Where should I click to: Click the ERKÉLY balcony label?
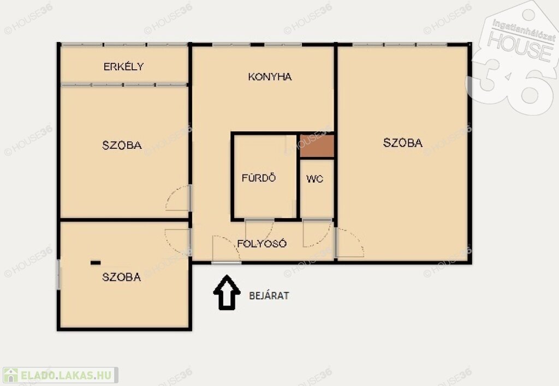[x=123, y=66]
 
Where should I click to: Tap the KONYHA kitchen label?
[x=270, y=76]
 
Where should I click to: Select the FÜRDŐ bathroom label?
[x=259, y=177]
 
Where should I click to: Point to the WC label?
[x=315, y=178]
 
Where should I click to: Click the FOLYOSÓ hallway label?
[x=262, y=243]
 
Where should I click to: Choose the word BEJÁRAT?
[x=269, y=295]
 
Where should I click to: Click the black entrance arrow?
[x=227, y=292]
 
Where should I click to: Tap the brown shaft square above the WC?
[x=317, y=146]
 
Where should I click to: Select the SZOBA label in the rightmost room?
[x=403, y=142]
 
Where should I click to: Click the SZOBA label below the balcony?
[x=122, y=145]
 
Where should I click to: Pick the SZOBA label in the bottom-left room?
[x=122, y=276]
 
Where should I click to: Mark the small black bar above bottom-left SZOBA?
[x=96, y=263]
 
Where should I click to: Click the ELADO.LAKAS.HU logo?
[x=60, y=375]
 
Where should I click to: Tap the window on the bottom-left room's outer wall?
[x=58, y=274]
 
